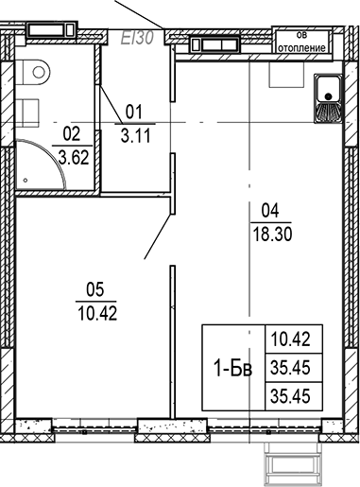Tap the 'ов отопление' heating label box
pos(301,41)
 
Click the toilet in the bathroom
pos(37,70)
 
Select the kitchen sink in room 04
pos(329,100)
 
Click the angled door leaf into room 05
pos(157,231)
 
